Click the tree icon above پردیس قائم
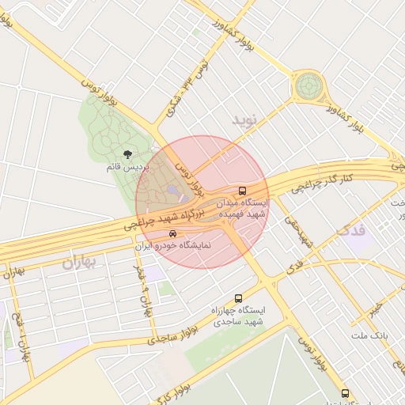pyautogui.click(x=128, y=155)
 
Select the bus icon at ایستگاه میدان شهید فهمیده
pyautogui.click(x=242, y=191)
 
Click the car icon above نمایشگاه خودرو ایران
pyautogui.click(x=173, y=234)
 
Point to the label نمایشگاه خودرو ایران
pyautogui.click(x=173, y=246)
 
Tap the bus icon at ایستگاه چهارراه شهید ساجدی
pyautogui.click(x=239, y=298)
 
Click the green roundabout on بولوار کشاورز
pyautogui.click(x=308, y=85)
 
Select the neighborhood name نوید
pyautogui.click(x=245, y=119)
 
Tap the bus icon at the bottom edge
pyautogui.click(x=344, y=393)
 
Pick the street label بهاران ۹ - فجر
pyautogui.click(x=142, y=290)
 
